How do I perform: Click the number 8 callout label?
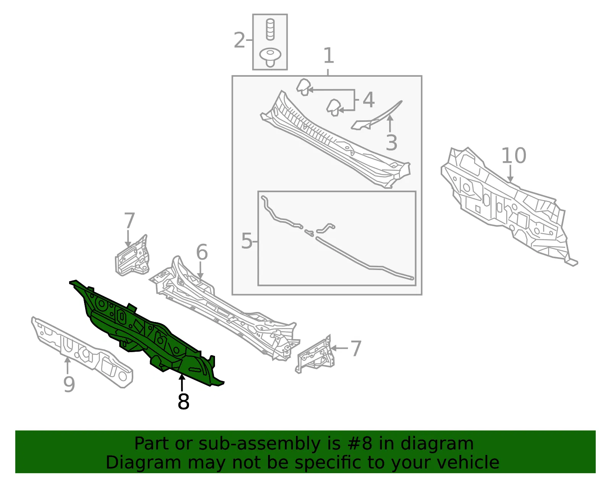pyautogui.click(x=183, y=401)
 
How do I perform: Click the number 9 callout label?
pyautogui.click(x=69, y=384)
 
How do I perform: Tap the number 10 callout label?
pyautogui.click(x=514, y=155)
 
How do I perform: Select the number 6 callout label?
pyautogui.click(x=202, y=252)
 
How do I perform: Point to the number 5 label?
pyautogui.click(x=247, y=241)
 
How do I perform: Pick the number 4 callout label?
pyautogui.click(x=369, y=100)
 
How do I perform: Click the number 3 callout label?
pyautogui.click(x=391, y=142)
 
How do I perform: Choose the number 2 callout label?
pyautogui.click(x=239, y=40)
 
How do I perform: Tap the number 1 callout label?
pyautogui.click(x=328, y=55)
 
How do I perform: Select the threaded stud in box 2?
pyautogui.click(x=270, y=29)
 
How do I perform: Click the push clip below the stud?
pyautogui.click(x=270, y=57)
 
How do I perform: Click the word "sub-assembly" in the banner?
pyautogui.click(x=259, y=443)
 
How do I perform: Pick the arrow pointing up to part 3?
pyautogui.click(x=390, y=123)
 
